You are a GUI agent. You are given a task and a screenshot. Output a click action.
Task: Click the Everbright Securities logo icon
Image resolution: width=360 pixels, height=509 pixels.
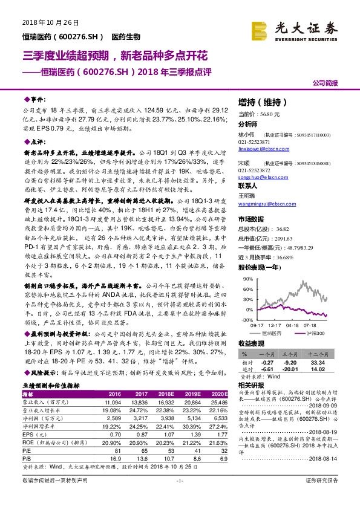click(260, 29)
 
